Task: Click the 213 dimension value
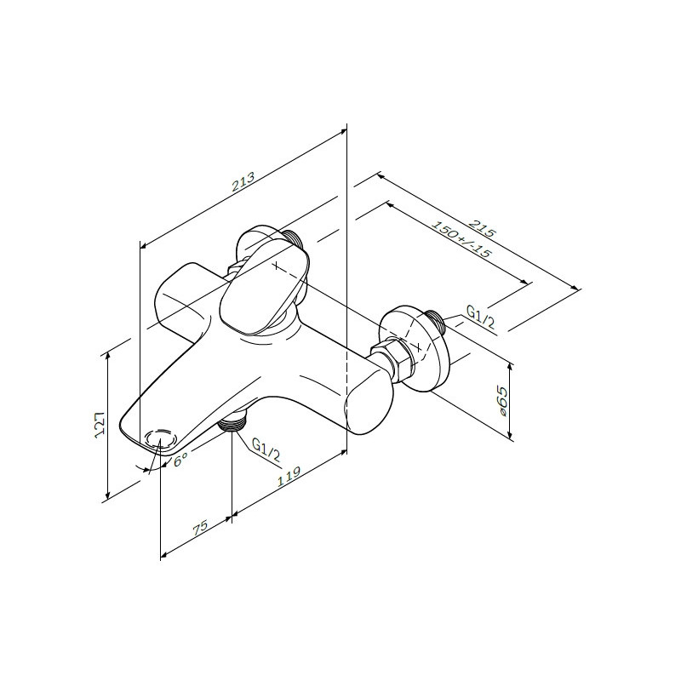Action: tap(243, 182)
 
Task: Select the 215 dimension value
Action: tap(482, 228)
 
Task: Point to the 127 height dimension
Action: tap(100, 423)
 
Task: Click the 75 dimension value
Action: tap(201, 527)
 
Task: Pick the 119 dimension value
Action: tap(289, 476)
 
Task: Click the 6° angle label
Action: tap(180, 459)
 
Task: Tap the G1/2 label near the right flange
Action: tap(480, 316)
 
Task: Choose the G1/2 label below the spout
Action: tap(266, 450)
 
